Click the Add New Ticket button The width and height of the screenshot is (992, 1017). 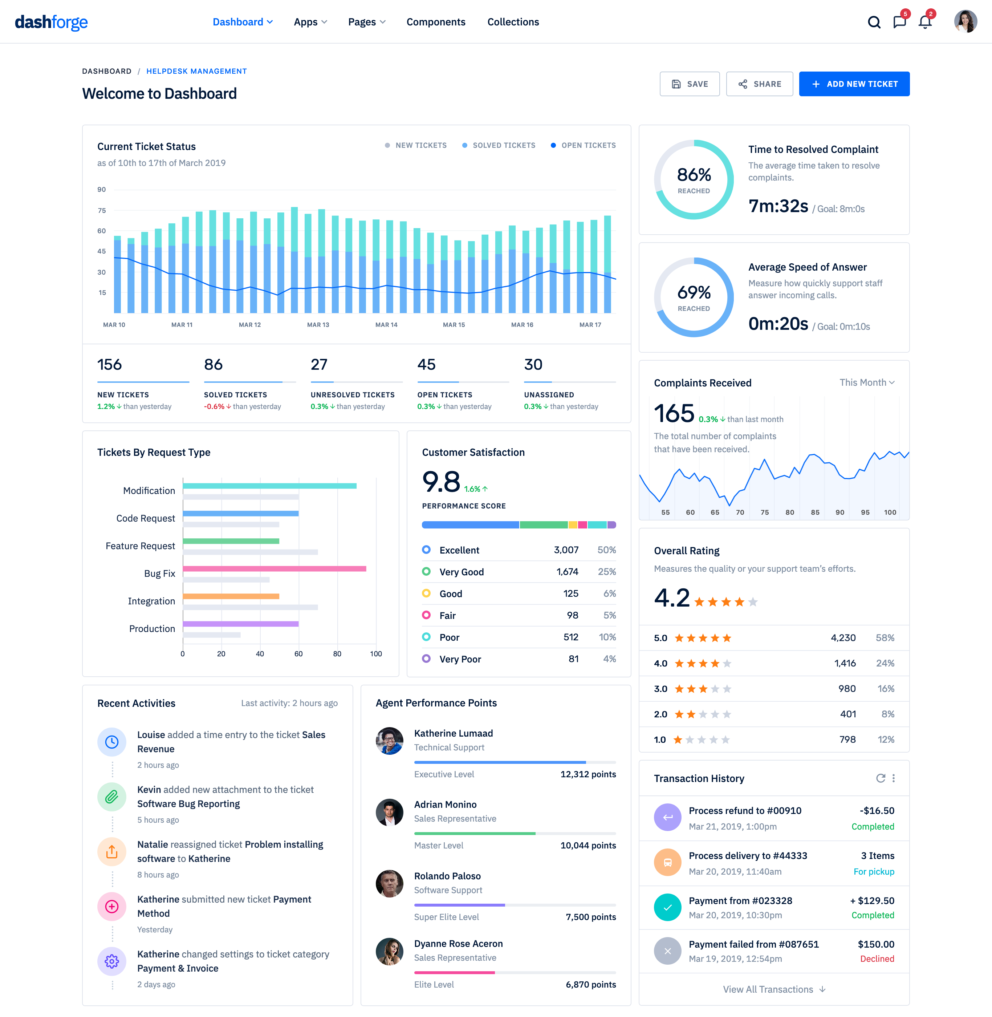[854, 84]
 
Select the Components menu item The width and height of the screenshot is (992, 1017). [436, 22]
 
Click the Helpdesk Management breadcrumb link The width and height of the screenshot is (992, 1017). [196, 71]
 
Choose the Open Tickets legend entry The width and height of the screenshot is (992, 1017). [583, 145]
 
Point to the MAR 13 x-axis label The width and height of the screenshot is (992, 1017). [318, 325]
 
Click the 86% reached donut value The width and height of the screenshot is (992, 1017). [694, 175]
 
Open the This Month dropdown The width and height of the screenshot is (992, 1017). [866, 382]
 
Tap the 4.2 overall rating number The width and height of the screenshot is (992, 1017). [672, 598]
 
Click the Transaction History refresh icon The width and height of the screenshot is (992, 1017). [880, 778]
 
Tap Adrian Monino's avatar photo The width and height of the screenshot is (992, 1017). [389, 812]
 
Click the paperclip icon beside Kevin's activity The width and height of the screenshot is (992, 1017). [112, 797]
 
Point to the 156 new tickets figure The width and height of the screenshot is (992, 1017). [109, 364]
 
